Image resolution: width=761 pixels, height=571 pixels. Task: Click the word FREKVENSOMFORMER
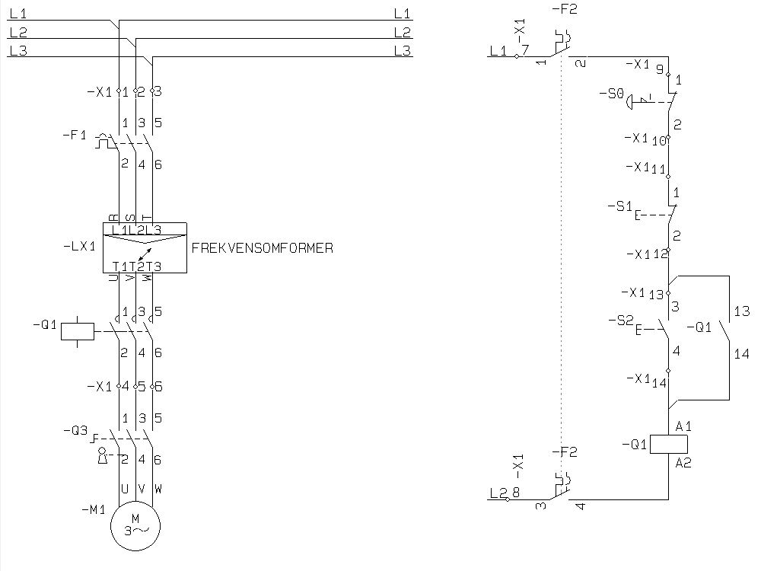[263, 248]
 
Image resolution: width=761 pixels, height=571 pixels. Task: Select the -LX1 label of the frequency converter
[80, 247]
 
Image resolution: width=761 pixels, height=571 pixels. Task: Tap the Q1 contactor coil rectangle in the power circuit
[78, 331]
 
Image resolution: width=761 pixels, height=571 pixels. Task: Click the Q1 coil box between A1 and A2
[668, 445]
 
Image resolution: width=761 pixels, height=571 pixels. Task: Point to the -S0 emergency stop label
[611, 94]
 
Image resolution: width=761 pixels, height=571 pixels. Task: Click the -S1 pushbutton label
[620, 206]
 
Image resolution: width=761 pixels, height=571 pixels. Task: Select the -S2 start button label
[621, 321]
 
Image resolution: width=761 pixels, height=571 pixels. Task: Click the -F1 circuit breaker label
[74, 136]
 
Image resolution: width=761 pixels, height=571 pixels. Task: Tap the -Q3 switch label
[75, 430]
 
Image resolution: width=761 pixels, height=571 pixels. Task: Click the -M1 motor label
[94, 510]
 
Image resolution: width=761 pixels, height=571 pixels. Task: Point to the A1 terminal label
[683, 426]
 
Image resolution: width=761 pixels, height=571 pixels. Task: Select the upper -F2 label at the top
[564, 10]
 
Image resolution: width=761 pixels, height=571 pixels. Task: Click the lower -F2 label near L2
[564, 451]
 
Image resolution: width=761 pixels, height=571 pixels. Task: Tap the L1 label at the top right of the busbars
[402, 14]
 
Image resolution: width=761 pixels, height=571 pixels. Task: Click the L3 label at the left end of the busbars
[18, 51]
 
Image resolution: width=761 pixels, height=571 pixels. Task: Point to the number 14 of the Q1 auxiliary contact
[741, 354]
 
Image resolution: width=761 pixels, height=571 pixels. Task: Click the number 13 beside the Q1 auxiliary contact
[741, 311]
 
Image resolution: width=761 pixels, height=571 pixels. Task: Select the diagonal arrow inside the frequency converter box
[145, 253]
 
